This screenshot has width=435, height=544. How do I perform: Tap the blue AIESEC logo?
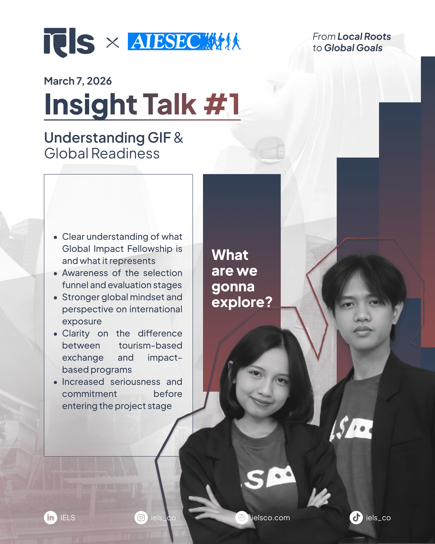pos(184,41)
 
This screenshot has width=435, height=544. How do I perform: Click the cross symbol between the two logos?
pos(112,42)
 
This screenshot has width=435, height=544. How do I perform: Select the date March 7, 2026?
pos(78,81)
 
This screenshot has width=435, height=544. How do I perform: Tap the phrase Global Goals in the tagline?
pos(353,48)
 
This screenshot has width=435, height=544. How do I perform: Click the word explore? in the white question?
pos(242,302)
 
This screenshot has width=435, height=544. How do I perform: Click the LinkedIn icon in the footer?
pos(50,518)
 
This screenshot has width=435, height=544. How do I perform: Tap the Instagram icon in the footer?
pos(141,518)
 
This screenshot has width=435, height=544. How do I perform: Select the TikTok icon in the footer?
pos(356,518)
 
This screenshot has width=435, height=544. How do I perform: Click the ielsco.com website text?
pos(271,518)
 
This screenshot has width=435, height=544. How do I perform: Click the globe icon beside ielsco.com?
pos(242,518)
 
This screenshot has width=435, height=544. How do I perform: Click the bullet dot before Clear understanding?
pos(55,237)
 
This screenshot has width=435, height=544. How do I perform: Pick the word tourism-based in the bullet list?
pos(150,345)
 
